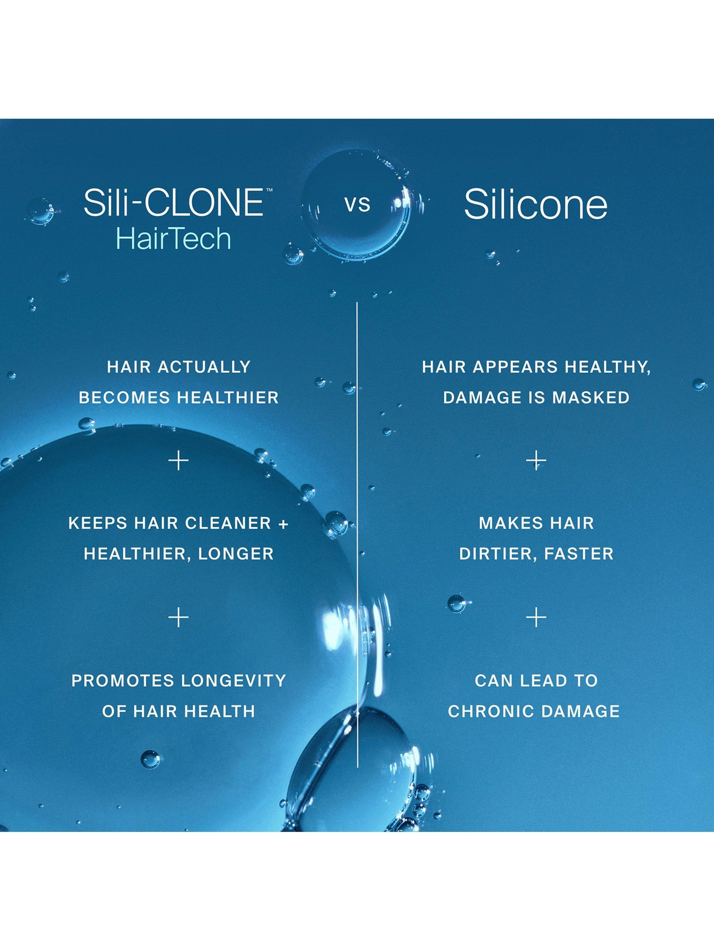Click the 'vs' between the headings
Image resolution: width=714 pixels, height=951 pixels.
click(357, 204)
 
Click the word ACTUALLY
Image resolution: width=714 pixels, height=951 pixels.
click(205, 367)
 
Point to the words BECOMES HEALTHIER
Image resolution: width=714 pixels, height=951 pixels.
click(179, 398)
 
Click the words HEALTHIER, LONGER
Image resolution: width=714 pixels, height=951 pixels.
click(179, 554)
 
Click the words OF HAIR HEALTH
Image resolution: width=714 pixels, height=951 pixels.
click(179, 711)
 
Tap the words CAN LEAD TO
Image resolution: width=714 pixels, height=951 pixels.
click(536, 681)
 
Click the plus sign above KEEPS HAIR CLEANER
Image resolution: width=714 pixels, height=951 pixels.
click(179, 461)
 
